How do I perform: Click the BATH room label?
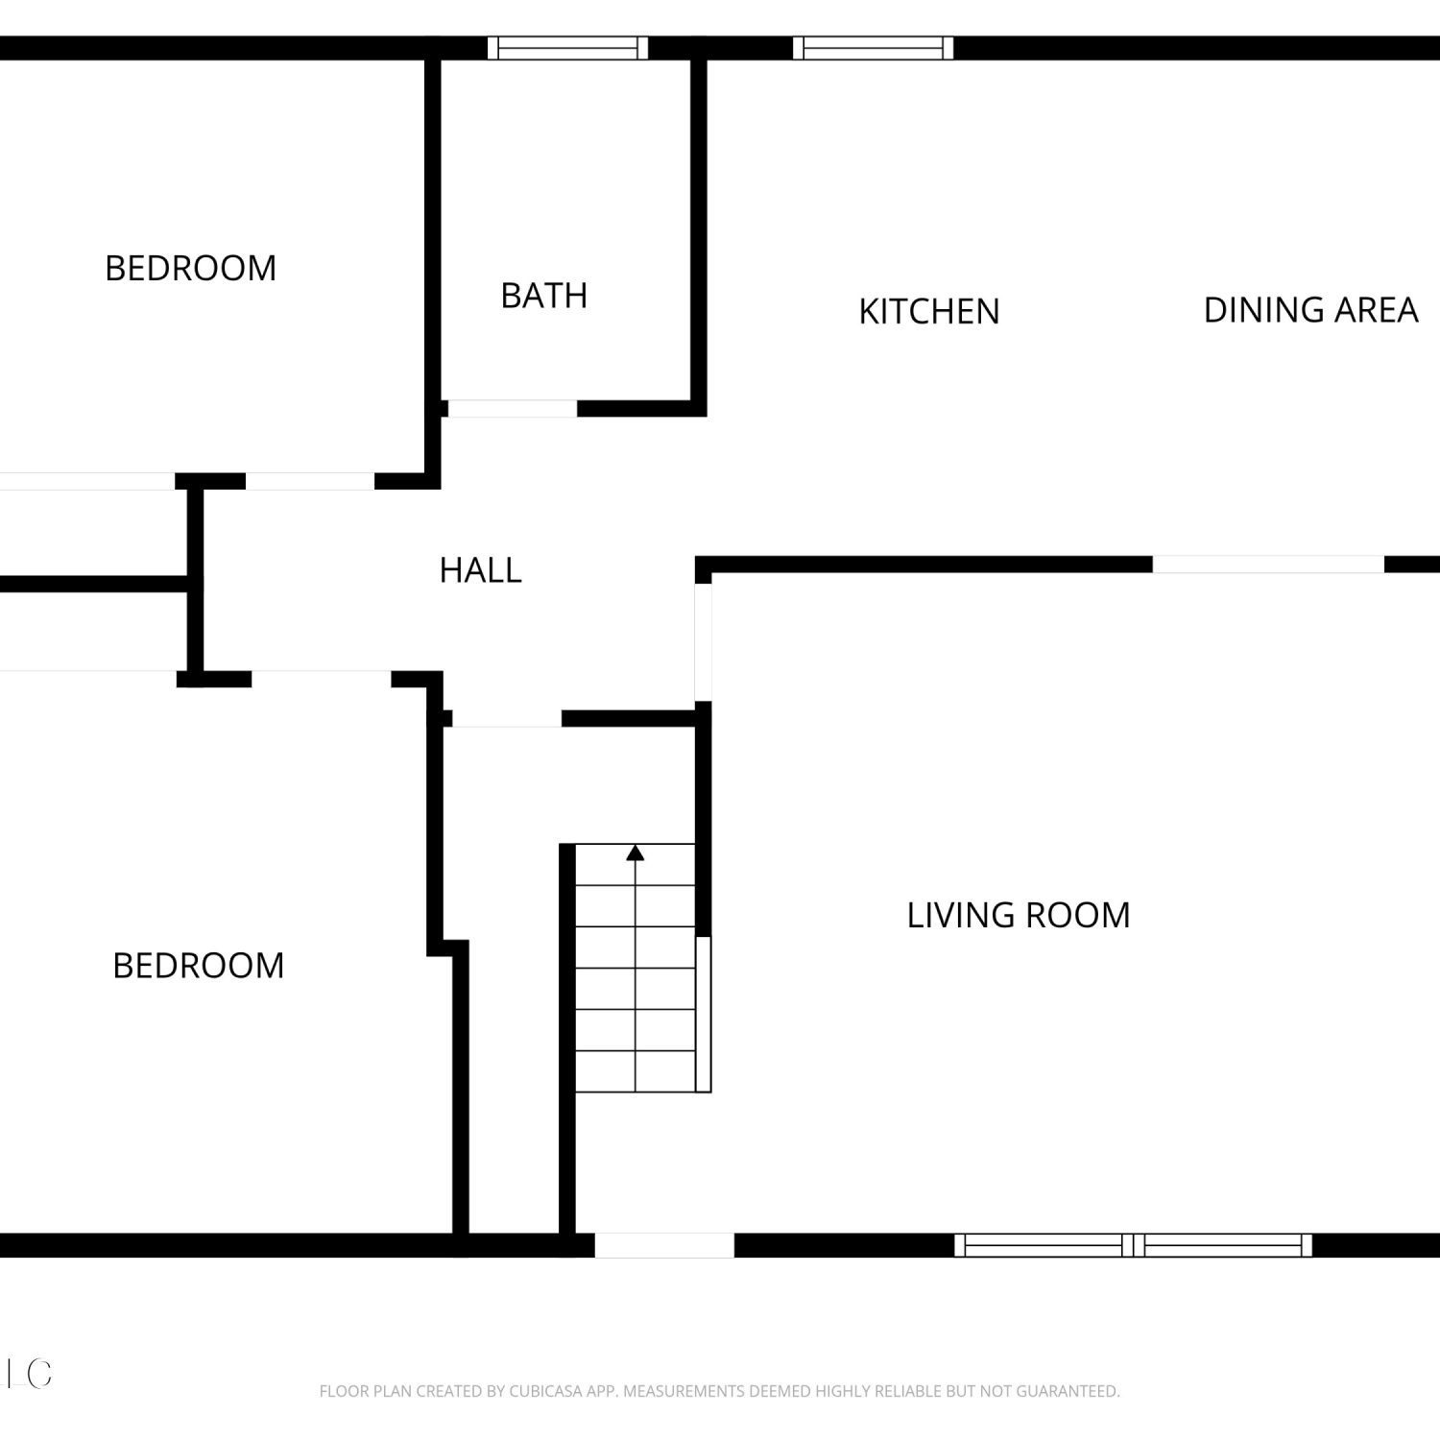pyautogui.click(x=544, y=296)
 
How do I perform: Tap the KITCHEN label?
pyautogui.click(x=929, y=311)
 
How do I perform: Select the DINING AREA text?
pyautogui.click(x=1310, y=310)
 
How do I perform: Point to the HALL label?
pyautogui.click(x=480, y=570)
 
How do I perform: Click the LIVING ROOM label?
pyautogui.click(x=1019, y=915)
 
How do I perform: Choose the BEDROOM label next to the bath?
pyautogui.click(x=190, y=268)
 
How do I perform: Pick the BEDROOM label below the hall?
pyautogui.click(x=198, y=965)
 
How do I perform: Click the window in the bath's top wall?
pyautogui.click(x=567, y=48)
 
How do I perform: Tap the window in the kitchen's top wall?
pyautogui.click(x=874, y=48)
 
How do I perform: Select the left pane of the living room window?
pyautogui.click(x=1044, y=1245)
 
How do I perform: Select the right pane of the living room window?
pyautogui.click(x=1223, y=1245)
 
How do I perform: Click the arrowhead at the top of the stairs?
pyautogui.click(x=635, y=852)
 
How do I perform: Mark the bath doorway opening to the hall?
pyautogui.click(x=513, y=409)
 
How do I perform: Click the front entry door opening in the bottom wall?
pyautogui.click(x=664, y=1245)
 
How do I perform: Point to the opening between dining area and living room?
pyautogui.click(x=1268, y=564)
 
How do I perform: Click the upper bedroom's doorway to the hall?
pyautogui.click(x=310, y=482)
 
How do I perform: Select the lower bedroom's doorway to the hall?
pyautogui.click(x=322, y=679)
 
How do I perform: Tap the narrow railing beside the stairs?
pyautogui.click(x=704, y=1014)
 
